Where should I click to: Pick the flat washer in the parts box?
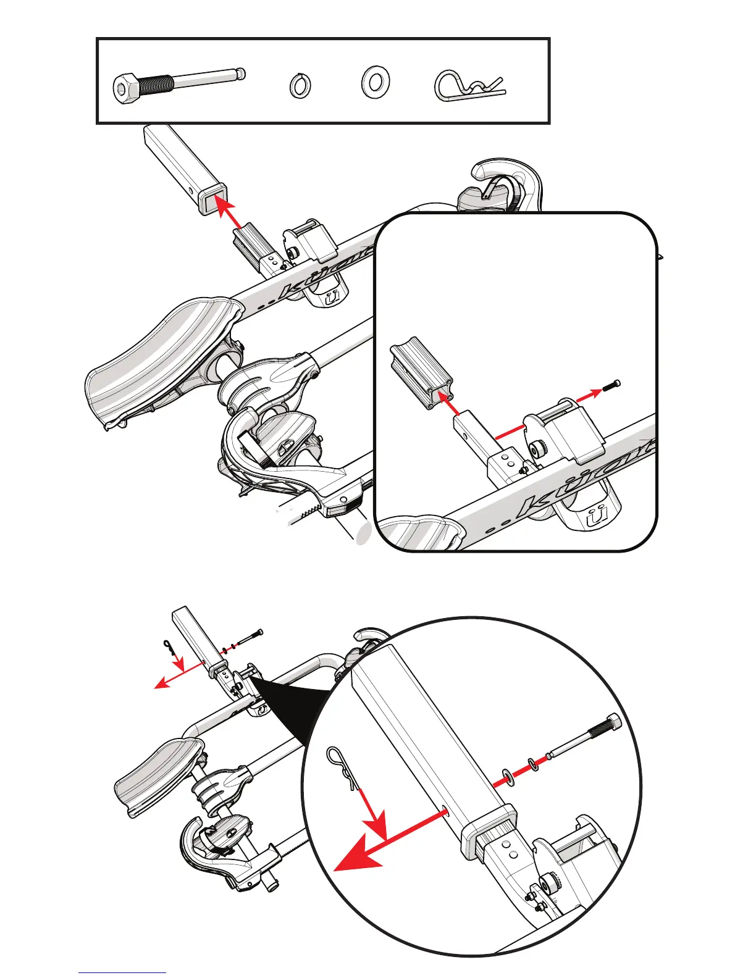pyautogui.click(x=374, y=81)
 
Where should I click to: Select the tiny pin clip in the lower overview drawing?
pyautogui.click(x=170, y=647)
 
